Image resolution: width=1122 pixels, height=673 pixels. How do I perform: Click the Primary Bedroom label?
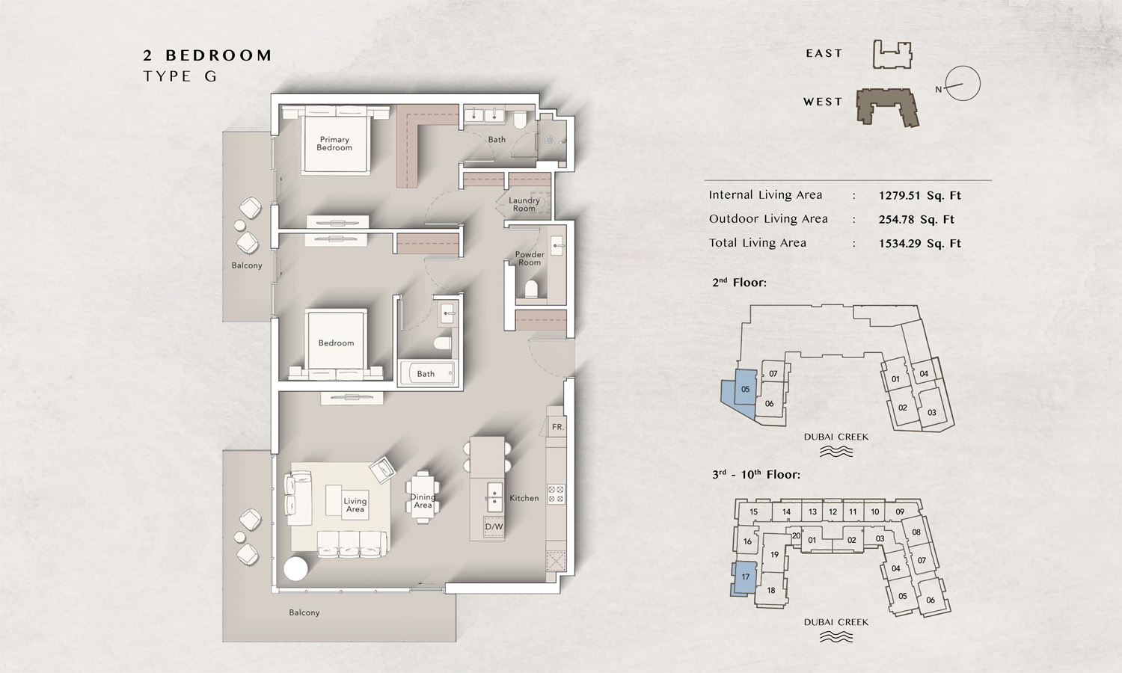click(x=334, y=144)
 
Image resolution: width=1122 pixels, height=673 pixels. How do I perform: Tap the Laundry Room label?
click(x=524, y=204)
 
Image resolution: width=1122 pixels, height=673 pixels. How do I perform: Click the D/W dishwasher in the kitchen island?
click(x=494, y=526)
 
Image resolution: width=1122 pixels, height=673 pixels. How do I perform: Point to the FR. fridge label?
click(x=557, y=427)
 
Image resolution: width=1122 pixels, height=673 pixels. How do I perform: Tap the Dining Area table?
click(x=423, y=498)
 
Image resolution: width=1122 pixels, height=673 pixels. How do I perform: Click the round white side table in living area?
click(x=295, y=569)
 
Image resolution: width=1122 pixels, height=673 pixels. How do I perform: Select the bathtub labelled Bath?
click(x=427, y=374)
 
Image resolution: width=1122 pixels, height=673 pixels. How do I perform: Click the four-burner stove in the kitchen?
click(x=556, y=494)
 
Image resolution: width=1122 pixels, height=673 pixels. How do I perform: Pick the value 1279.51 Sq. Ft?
click(x=919, y=195)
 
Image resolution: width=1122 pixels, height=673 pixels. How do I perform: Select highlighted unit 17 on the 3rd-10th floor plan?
click(x=745, y=577)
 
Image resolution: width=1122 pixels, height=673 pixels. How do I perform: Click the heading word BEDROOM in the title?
click(x=219, y=55)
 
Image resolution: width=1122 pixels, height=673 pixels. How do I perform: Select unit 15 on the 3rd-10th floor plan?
click(x=753, y=511)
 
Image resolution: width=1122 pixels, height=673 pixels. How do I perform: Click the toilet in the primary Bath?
click(x=520, y=120)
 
